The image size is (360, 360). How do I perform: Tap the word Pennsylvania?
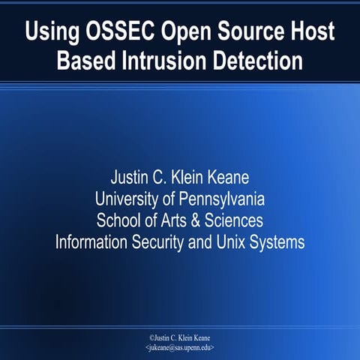pyautogui.click(x=222, y=199)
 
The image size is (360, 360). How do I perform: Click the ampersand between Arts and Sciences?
pyautogui.click(x=196, y=221)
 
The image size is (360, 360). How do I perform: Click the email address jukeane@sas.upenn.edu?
pyautogui.click(x=180, y=349)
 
